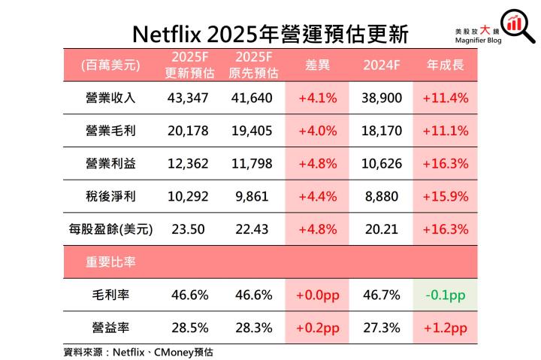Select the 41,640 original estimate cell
point(252,98)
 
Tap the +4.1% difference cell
point(317,98)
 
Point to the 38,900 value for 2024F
point(382,98)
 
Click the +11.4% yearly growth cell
point(445,98)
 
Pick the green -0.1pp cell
point(445,295)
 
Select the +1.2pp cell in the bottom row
point(445,328)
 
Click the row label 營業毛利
point(111,131)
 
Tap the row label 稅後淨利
point(111,197)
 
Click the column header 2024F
point(382,66)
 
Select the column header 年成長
point(445,66)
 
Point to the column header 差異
point(317,66)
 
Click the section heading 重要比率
point(111,262)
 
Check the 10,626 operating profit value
point(382,164)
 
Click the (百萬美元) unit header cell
point(111,66)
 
